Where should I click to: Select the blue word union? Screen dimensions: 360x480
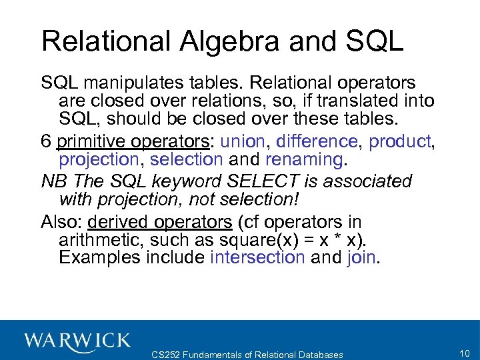click(x=244, y=141)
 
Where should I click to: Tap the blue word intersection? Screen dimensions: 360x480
click(x=257, y=257)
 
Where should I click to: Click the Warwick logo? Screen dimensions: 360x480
click(x=78, y=340)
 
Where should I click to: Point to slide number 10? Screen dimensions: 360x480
click(x=465, y=353)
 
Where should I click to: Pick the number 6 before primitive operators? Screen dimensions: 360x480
click(x=47, y=141)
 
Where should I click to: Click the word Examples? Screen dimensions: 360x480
click(x=100, y=257)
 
